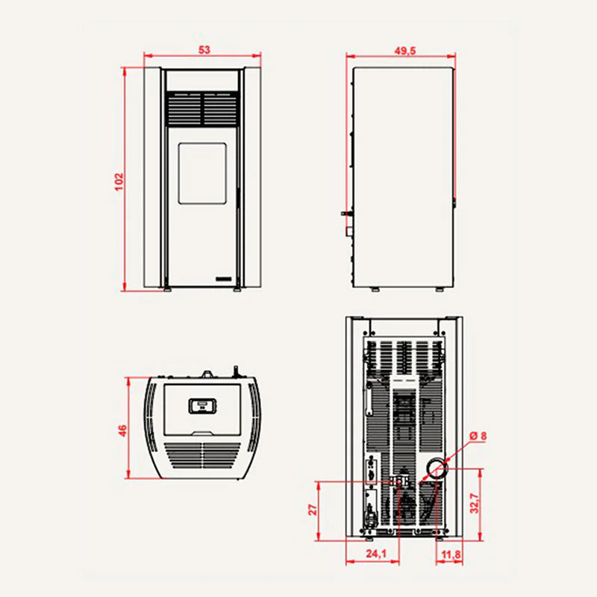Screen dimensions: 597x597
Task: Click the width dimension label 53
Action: pyautogui.click(x=204, y=50)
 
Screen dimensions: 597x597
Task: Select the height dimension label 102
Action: pyautogui.click(x=119, y=181)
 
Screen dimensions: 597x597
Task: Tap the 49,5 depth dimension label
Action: pyautogui.click(x=405, y=51)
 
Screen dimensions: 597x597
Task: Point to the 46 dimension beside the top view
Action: pyautogui.click(x=122, y=431)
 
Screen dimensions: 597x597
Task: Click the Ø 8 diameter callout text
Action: pyautogui.click(x=478, y=436)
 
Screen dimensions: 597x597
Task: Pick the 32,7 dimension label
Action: pyautogui.click(x=475, y=503)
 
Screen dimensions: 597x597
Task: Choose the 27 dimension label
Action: pyautogui.click(x=312, y=510)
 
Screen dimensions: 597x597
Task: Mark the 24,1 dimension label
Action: pyautogui.click(x=376, y=554)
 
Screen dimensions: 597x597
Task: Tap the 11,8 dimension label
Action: pyautogui.click(x=451, y=554)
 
